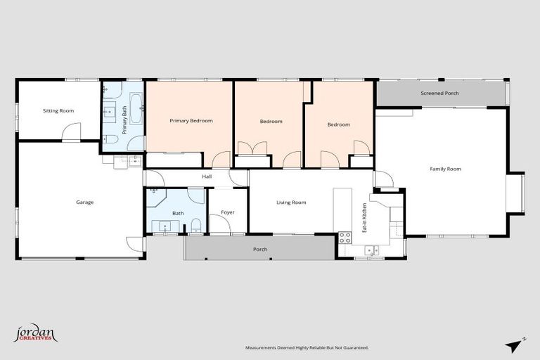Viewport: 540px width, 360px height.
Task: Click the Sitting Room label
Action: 58,110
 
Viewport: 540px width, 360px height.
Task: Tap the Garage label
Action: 84,202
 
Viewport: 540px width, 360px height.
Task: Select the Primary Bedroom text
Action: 191,121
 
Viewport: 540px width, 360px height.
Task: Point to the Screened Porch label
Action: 439,93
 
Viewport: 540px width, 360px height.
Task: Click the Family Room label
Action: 445,169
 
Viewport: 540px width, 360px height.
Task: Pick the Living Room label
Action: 291,202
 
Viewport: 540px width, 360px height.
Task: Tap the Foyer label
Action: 227,212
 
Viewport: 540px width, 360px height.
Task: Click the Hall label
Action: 207,176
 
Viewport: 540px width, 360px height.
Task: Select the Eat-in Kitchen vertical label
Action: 364,218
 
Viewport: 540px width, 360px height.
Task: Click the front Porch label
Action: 260,249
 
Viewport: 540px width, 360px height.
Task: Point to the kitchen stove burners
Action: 345,238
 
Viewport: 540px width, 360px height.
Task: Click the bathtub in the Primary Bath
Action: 137,108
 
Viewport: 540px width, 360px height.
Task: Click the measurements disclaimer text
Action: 306,348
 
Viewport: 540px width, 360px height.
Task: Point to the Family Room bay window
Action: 517,193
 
